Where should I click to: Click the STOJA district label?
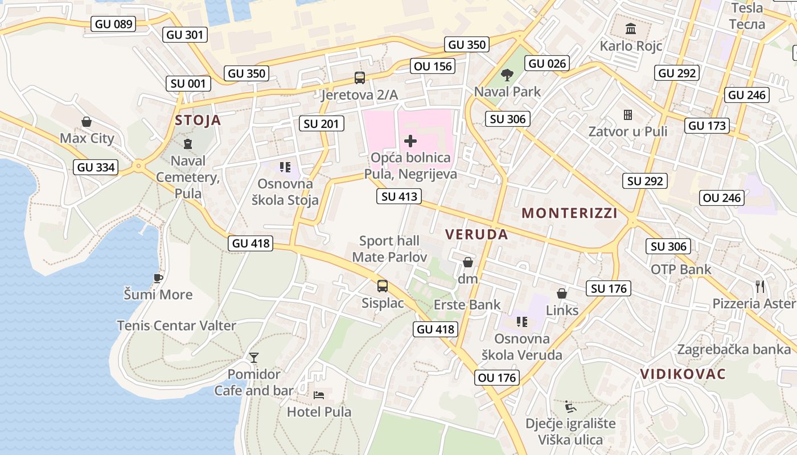(x=198, y=120)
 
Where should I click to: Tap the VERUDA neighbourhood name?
(x=476, y=234)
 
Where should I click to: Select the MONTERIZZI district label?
(x=569, y=213)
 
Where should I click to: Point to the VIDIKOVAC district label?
(x=683, y=374)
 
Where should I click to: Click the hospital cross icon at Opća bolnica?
(x=410, y=140)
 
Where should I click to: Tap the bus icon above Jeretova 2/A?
(x=359, y=78)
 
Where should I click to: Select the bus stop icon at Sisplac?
(x=383, y=286)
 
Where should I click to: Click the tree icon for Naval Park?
(x=507, y=75)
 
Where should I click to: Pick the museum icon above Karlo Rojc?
(x=631, y=28)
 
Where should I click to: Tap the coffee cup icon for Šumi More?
(x=158, y=278)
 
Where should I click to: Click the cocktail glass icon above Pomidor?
(x=254, y=358)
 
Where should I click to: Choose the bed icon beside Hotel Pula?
(x=319, y=395)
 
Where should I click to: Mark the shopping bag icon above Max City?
(x=87, y=122)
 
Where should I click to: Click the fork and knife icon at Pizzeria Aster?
(x=759, y=286)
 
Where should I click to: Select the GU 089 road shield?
(x=114, y=24)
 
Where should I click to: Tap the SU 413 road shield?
(x=399, y=197)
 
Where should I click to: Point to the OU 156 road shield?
(x=433, y=66)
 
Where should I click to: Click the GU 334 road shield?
(x=96, y=167)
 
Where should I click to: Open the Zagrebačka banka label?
(x=734, y=349)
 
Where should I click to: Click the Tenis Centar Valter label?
(x=176, y=326)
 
